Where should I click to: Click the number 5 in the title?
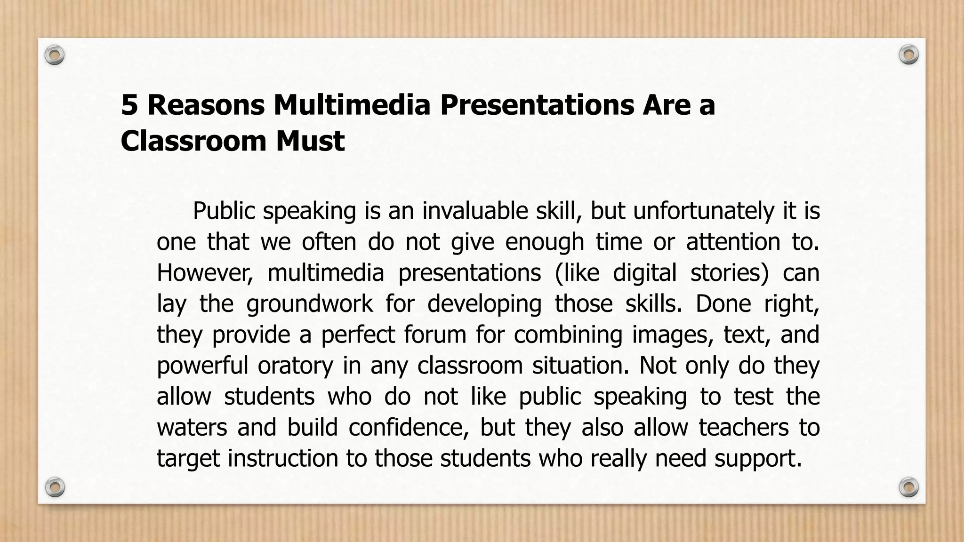coord(129,105)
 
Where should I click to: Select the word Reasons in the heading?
coord(206,105)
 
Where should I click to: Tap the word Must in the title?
coord(310,141)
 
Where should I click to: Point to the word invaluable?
coord(475,211)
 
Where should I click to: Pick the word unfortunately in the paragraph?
coord(703,211)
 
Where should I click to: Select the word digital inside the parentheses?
coord(645,273)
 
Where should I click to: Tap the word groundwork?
coord(309,304)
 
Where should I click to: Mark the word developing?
coord(484,304)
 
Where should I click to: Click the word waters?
coord(192,428)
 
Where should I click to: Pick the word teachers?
coord(743,428)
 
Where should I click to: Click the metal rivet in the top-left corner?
coord(55,56)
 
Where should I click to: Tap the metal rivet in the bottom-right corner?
coord(908,487)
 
